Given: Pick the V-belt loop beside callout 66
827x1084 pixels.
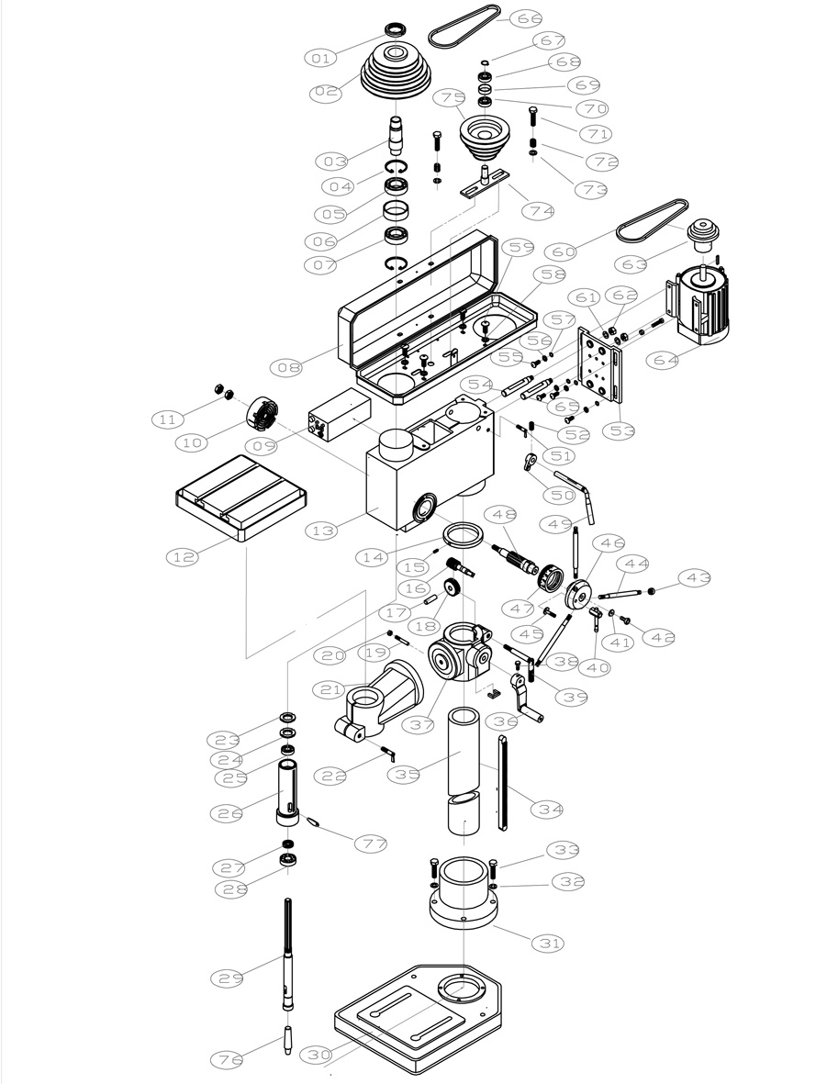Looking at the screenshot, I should point(467,27).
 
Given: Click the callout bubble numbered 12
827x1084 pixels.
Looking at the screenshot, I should point(184,556).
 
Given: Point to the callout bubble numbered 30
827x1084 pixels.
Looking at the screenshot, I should point(320,1056).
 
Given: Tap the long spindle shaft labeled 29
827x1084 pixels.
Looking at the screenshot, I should point(288,955).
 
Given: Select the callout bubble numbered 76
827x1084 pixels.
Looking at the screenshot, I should point(227,1059).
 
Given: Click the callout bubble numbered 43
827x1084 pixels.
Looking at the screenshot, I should point(695,577).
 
